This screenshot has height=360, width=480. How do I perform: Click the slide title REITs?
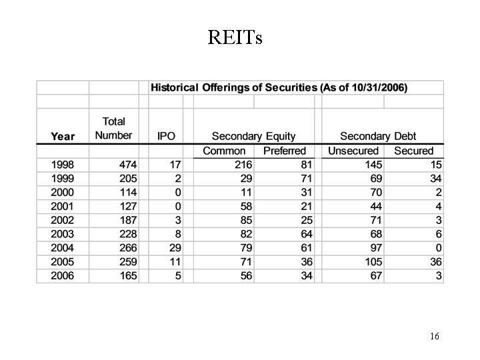(235, 38)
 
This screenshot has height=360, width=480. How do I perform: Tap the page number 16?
(434, 336)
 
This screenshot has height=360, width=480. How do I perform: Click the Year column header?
(63, 136)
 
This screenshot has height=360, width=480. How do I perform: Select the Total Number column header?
(113, 129)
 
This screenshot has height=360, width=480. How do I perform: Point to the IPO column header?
(166, 136)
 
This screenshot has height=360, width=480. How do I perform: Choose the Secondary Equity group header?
(253, 136)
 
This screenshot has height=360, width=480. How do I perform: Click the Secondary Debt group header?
(382, 136)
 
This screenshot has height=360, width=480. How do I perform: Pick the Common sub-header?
(224, 151)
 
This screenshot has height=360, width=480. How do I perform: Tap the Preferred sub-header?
(285, 151)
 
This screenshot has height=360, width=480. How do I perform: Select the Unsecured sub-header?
(353, 151)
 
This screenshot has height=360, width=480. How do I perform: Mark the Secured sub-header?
(413, 151)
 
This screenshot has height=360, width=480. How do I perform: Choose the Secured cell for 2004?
(437, 248)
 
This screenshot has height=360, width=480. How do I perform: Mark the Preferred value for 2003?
(306, 234)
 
